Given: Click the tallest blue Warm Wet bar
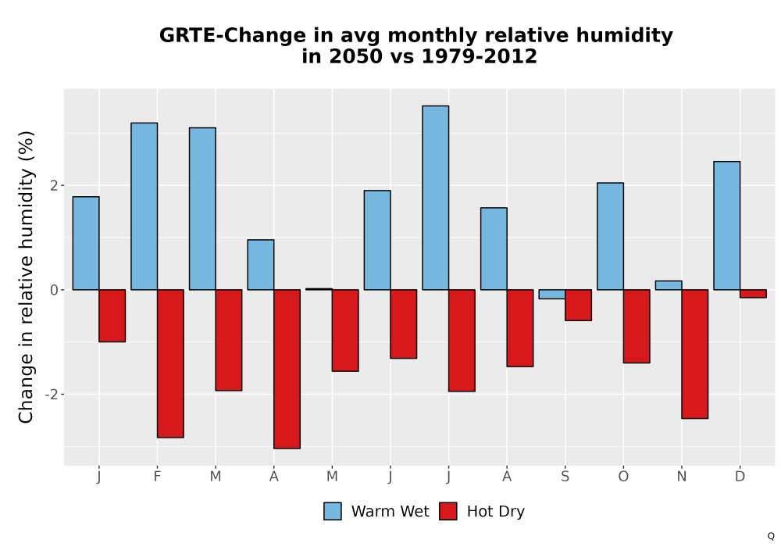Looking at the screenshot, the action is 435,198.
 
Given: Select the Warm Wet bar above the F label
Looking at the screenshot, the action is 144,206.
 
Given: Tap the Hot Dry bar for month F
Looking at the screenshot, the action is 170,363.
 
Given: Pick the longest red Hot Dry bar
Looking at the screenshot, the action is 287,369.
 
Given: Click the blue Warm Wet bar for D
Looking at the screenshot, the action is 726,226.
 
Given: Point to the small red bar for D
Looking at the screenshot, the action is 753,294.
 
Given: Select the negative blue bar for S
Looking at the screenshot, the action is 552,294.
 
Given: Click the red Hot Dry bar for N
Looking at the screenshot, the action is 695,354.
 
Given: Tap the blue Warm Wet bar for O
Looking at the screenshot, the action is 610,236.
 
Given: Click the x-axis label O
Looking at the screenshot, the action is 623,477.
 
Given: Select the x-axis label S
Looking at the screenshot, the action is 565,477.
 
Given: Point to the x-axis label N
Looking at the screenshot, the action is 681,477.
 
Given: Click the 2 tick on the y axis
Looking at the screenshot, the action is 55,186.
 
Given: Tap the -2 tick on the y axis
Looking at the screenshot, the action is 52,395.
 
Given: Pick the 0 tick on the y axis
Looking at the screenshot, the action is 55,290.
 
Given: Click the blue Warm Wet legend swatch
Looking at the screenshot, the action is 333,511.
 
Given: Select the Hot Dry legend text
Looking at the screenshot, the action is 496,512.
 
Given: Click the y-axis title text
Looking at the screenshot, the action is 26,277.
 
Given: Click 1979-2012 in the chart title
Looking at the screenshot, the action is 480,56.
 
